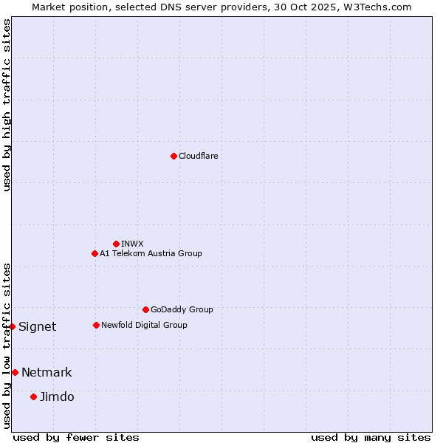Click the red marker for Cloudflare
point(174,156)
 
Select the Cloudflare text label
point(198,156)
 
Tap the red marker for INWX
point(116,244)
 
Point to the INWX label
point(132,244)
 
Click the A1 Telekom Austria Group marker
point(95,253)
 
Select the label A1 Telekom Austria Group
point(151,253)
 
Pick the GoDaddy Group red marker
point(145,309)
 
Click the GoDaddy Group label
point(182,309)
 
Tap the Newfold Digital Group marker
point(96,325)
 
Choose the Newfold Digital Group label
point(144,325)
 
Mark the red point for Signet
point(12,326)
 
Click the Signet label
point(37,326)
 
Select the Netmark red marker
point(15,372)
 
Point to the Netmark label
point(47,372)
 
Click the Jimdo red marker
point(33,396)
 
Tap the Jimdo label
point(57,396)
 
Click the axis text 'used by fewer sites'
point(76,437)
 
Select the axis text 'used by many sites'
point(371,437)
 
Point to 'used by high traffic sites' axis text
point(7,105)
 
